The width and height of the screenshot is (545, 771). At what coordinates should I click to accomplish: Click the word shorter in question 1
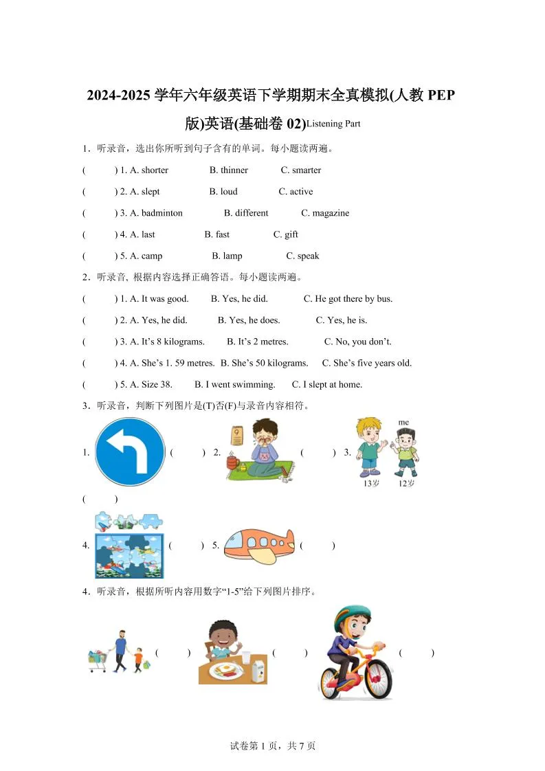pyautogui.click(x=155, y=170)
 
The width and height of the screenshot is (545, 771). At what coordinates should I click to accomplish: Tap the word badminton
pyautogui.click(x=162, y=213)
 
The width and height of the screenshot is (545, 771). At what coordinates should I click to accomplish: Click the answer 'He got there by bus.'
pyautogui.click(x=353, y=299)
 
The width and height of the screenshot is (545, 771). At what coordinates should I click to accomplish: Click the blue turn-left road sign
pyautogui.click(x=130, y=451)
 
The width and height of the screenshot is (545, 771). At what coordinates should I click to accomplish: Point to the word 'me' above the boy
pyautogui.click(x=403, y=423)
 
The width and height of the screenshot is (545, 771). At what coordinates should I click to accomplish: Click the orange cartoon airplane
pyautogui.click(x=259, y=544)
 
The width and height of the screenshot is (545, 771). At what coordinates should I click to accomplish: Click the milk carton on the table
pyautogui.click(x=258, y=667)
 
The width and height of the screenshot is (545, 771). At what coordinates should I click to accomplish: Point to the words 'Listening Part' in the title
pyautogui.click(x=333, y=124)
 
